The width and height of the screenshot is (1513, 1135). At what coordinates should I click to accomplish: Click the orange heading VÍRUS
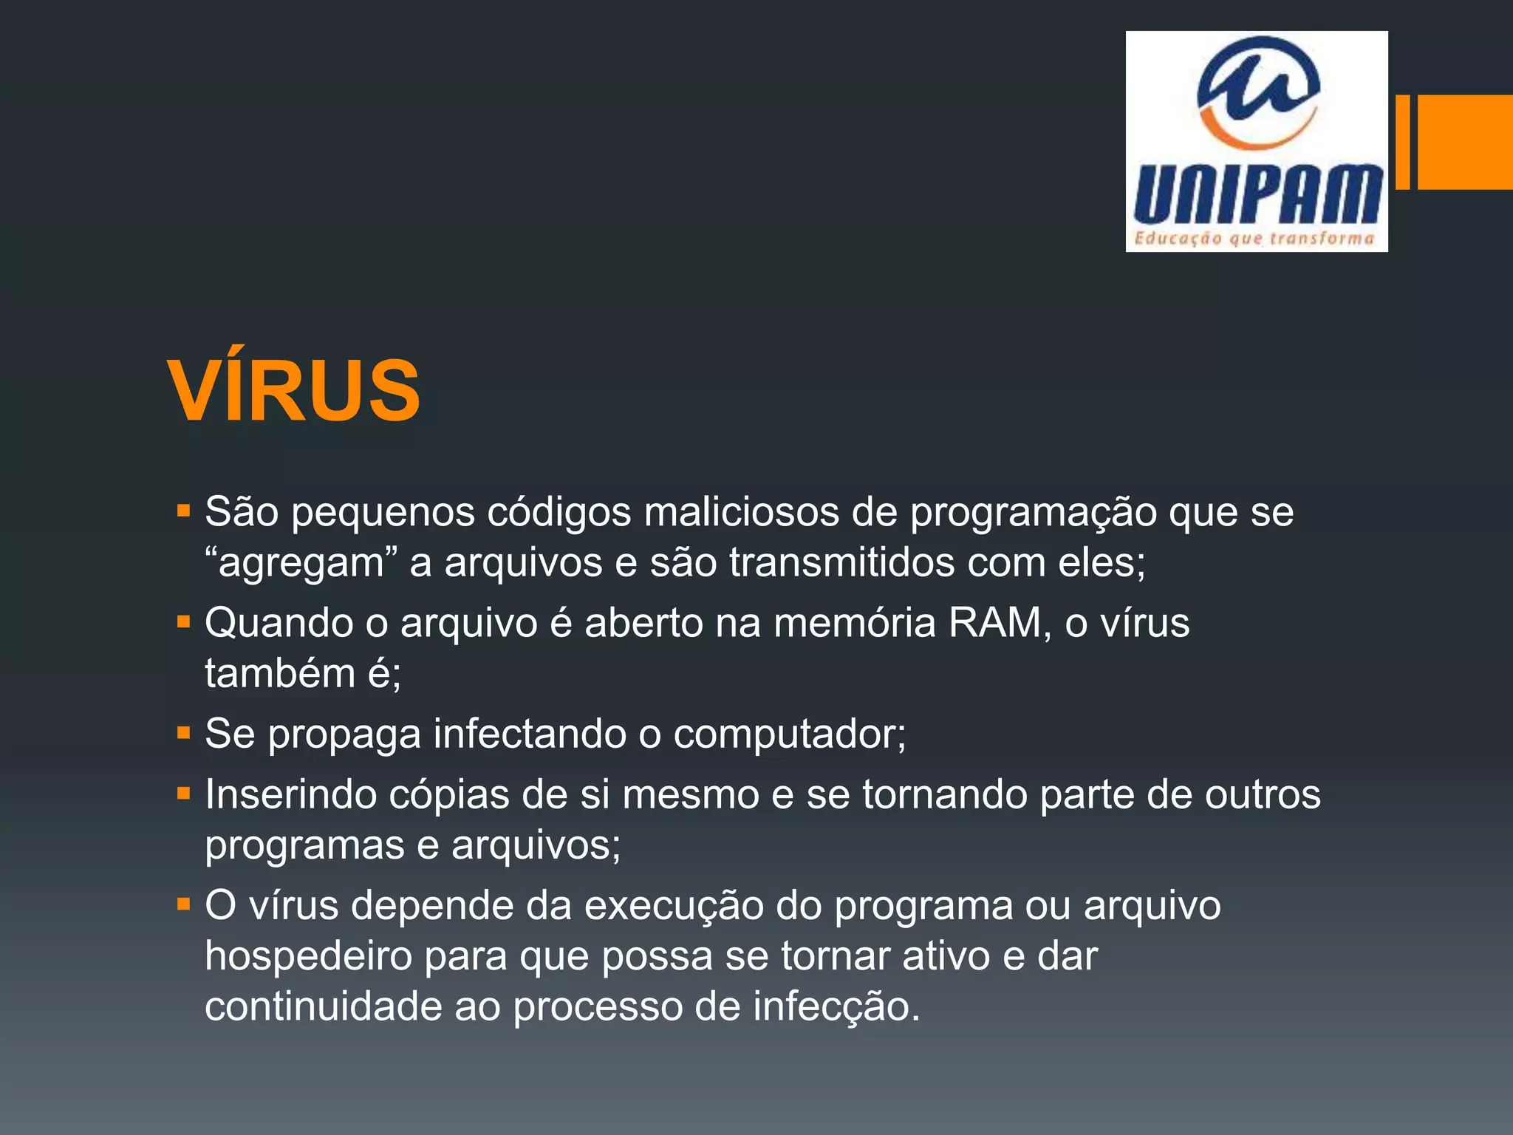pyautogui.click(x=294, y=390)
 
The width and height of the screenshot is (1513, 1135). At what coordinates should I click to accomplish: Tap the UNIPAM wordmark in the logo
pyautogui.click(x=1257, y=194)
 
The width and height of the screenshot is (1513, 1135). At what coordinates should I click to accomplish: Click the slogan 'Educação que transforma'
pyautogui.click(x=1254, y=238)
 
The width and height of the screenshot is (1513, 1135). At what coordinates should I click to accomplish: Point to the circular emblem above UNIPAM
pyautogui.click(x=1258, y=92)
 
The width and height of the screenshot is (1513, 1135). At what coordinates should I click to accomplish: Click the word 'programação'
pyautogui.click(x=1033, y=513)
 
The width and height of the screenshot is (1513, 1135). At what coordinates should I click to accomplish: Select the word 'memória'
pyautogui.click(x=855, y=622)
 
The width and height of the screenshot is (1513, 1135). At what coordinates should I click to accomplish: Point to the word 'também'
pyautogui.click(x=279, y=673)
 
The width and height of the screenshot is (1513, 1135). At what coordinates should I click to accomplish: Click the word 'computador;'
pyautogui.click(x=790, y=734)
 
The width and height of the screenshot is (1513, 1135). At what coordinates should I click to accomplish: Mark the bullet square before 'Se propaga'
pyautogui.click(x=184, y=733)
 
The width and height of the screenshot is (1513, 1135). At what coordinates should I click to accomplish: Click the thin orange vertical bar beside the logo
pyautogui.click(x=1402, y=142)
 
